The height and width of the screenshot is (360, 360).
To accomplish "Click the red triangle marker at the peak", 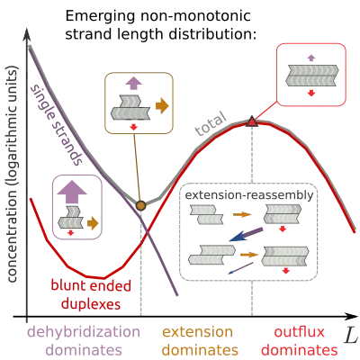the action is pyautogui.click(x=252, y=121).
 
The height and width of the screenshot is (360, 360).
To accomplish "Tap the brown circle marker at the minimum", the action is pyautogui.click(x=140, y=205).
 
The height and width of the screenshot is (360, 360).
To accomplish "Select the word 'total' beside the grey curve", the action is pyautogui.click(x=210, y=123).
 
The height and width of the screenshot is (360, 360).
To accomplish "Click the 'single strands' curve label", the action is pyautogui.click(x=57, y=124).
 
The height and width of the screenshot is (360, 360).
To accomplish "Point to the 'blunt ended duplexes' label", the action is pyautogui.click(x=91, y=295).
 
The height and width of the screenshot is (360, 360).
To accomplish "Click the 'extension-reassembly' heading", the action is pyautogui.click(x=249, y=195).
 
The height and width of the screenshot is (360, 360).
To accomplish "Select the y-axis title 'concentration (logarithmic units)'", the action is pyautogui.click(x=13, y=173).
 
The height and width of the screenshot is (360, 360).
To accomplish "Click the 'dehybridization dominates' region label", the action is pyautogui.click(x=84, y=341).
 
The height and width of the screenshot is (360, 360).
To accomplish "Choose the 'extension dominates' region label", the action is pyautogui.click(x=200, y=341).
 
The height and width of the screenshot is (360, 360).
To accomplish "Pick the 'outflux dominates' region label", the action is pyautogui.click(x=300, y=341).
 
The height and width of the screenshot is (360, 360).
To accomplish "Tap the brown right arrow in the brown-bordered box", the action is pyautogui.click(x=162, y=105).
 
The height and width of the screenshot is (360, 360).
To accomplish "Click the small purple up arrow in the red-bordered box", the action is pyautogui.click(x=311, y=58).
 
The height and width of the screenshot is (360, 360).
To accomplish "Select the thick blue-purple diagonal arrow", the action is pyautogui.click(x=246, y=235).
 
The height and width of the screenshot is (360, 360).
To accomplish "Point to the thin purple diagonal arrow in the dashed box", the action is pyautogui.click(x=240, y=268).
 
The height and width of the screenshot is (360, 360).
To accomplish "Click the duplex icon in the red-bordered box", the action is pyautogui.click(x=312, y=76).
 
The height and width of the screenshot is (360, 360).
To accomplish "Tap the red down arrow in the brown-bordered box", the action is pyautogui.click(x=134, y=127).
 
